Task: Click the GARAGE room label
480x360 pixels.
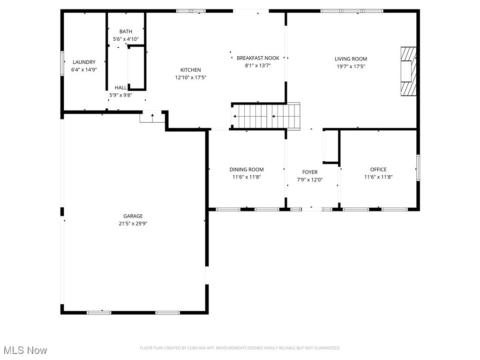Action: tap(133, 216)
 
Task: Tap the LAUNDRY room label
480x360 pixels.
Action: tap(84, 62)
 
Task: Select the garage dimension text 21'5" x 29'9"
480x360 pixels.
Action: tap(133, 224)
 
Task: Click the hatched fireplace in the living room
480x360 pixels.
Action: tap(408, 71)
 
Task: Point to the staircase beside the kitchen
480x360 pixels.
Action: tap(265, 116)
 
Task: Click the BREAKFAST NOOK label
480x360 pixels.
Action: tap(258, 58)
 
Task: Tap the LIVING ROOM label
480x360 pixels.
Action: tap(351, 59)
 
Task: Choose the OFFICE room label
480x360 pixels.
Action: tap(378, 170)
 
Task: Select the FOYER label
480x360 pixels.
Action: tap(310, 172)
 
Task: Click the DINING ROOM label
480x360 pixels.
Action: tap(247, 170)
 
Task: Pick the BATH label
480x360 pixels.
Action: tap(126, 32)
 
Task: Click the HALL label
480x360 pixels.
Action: tap(120, 88)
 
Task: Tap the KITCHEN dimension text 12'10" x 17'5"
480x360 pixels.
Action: tap(191, 77)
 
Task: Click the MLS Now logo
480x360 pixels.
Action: tap(25, 350)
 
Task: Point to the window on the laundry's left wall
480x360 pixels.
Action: tap(62, 63)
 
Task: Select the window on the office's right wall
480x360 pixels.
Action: tap(418, 167)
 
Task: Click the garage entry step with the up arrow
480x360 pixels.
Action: tap(152, 116)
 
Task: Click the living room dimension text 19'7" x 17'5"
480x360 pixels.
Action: tap(351, 67)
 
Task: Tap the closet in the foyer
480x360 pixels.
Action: tap(331, 146)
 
